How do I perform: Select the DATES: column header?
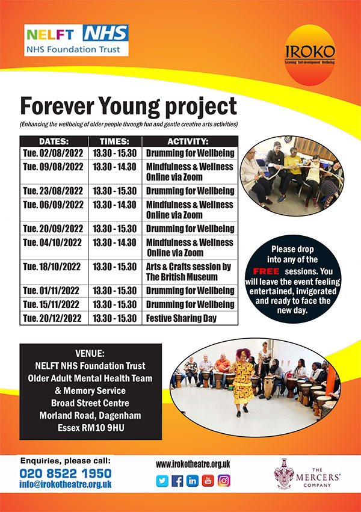[53, 141]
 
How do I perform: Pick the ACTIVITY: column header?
[190, 141]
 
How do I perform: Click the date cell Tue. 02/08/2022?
[53, 152]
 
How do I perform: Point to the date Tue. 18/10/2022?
[53, 267]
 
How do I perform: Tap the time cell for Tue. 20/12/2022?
[114, 318]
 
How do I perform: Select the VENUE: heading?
[91, 353]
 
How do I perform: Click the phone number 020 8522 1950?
[66, 473]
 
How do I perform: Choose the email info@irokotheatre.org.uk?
[66, 484]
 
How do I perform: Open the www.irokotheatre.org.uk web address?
[193, 464]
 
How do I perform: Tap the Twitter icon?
[162, 481]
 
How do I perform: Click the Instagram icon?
[224, 481]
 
